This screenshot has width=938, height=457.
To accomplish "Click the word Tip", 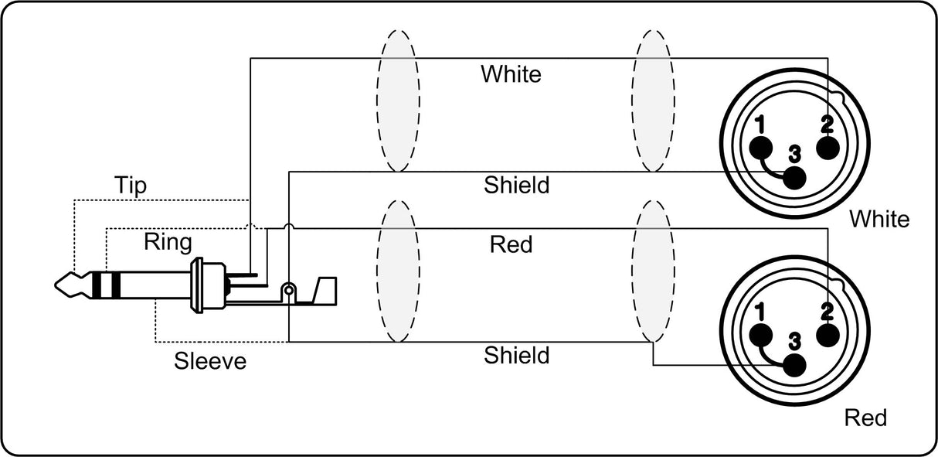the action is tap(131, 185).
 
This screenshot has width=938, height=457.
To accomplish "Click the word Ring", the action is tap(168, 242).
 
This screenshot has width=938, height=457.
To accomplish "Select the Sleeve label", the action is tap(210, 361).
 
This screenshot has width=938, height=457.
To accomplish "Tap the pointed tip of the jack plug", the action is tap(56, 285).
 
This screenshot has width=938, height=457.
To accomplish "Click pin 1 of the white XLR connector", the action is tap(761, 148).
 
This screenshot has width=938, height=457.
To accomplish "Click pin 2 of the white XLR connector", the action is tap(828, 148).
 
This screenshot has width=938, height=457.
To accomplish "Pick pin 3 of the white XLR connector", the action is tap(794, 178).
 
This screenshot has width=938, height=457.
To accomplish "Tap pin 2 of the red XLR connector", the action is tap(828, 336).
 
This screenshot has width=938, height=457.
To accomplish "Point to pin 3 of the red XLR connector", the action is tap(794, 365).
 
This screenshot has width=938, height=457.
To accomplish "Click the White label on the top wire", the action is tap(511, 73).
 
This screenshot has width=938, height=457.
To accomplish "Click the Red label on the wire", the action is tap(511, 244).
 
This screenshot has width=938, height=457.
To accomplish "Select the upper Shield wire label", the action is tap(516, 185).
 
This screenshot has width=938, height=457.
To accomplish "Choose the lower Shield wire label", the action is tap(516, 356).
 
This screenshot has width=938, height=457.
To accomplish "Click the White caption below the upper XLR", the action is tap(879, 219).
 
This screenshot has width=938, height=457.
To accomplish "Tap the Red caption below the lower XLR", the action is tap(865, 418).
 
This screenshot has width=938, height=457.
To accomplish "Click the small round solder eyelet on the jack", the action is tap(288, 290).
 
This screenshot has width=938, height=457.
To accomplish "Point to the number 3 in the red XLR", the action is tap(794, 341).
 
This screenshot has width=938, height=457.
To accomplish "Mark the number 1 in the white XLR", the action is tap(760, 124).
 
